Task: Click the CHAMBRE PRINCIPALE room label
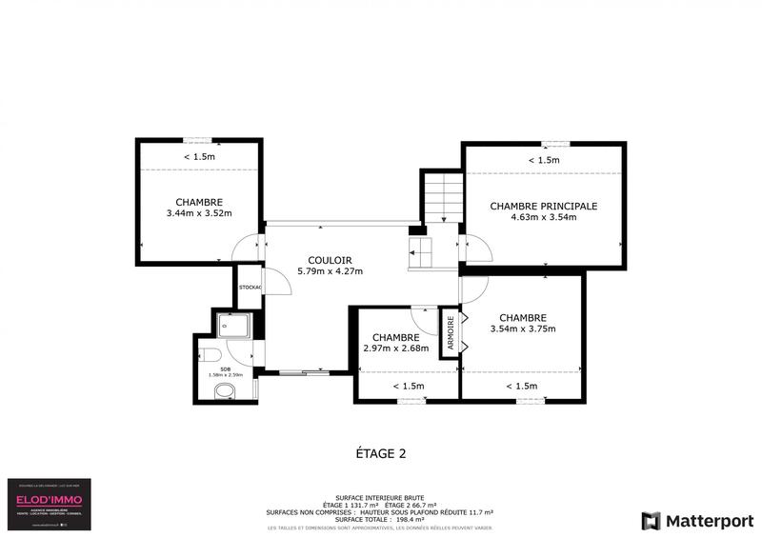tap(543, 206)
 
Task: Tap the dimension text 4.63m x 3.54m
tap(543, 217)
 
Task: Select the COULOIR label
tap(331, 260)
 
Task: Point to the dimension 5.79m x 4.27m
tap(331, 271)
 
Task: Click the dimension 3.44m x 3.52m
tap(199, 213)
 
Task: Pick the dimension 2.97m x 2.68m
tap(395, 349)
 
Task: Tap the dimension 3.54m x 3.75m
tap(522, 329)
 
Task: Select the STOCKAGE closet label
tap(250, 287)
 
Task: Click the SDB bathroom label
tap(226, 368)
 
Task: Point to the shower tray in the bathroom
tap(233, 326)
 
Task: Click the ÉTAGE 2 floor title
tap(380, 453)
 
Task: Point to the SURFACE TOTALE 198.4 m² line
tap(380, 519)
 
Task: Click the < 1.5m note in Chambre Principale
tap(543, 160)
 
